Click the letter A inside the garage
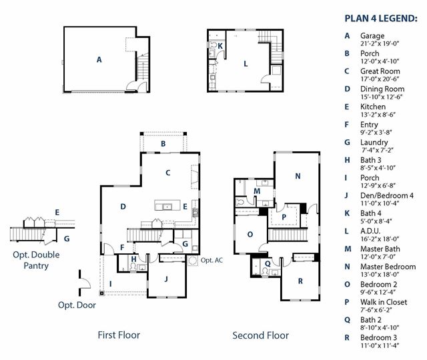point(99,59)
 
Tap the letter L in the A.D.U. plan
point(246,64)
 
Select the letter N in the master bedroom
point(298,176)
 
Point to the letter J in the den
point(166,279)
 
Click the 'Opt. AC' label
point(211,260)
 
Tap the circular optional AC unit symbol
point(193,261)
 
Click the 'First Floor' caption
point(119,335)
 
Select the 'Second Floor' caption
point(261,335)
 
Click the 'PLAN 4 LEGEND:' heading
point(381,19)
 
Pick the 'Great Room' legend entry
point(380,71)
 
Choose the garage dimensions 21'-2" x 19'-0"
point(380,43)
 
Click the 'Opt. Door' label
point(77,305)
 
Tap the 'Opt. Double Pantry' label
point(36,260)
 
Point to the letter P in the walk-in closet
point(284,217)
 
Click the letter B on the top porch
point(163,144)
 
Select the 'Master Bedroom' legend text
point(388,267)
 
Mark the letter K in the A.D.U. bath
point(220,46)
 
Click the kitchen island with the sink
point(167,205)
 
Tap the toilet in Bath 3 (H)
point(133,267)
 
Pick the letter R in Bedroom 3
point(300,281)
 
